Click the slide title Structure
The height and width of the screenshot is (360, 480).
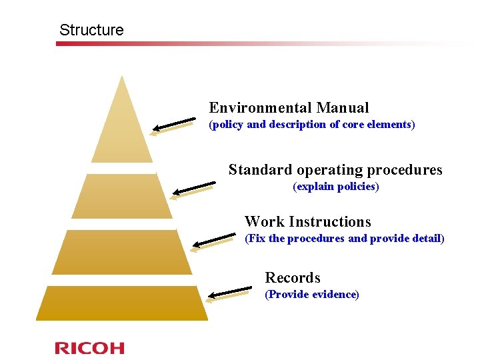(x=91, y=30)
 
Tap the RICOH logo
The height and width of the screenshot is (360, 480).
(x=89, y=347)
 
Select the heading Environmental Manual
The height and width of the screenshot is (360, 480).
(x=289, y=107)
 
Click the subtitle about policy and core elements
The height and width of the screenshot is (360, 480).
(x=311, y=125)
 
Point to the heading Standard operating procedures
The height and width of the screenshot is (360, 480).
(x=335, y=169)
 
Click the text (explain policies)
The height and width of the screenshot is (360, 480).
(x=335, y=187)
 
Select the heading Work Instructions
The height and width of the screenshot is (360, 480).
(x=307, y=221)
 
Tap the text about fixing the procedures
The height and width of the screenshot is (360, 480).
(x=344, y=239)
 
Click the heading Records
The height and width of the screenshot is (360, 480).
(x=292, y=277)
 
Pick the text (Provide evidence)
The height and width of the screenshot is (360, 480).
(x=311, y=295)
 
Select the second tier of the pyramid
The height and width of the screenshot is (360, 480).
(x=122, y=196)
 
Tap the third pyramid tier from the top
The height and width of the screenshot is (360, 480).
(x=122, y=252)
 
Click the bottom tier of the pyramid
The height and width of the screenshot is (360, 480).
(x=122, y=303)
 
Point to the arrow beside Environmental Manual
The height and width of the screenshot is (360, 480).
(x=173, y=126)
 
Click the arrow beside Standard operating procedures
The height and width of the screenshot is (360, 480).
(x=192, y=189)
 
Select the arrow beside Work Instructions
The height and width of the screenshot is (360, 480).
(x=213, y=242)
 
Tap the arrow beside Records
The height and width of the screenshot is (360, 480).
(x=229, y=293)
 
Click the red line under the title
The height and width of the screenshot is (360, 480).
(x=200, y=44)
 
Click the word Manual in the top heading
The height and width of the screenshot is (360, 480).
(x=343, y=107)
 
